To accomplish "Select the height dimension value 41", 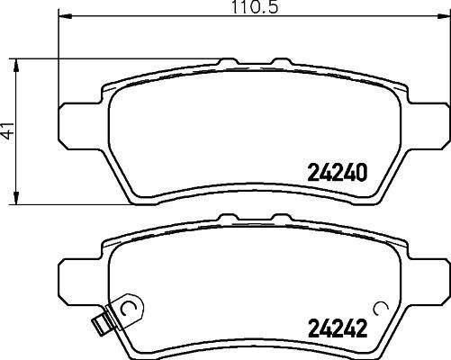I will pyautogui.click(x=8, y=130).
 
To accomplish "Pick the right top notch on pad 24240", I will pyautogui.click(x=275, y=62).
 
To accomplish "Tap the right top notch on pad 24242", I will pyautogui.click(x=275, y=217).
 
